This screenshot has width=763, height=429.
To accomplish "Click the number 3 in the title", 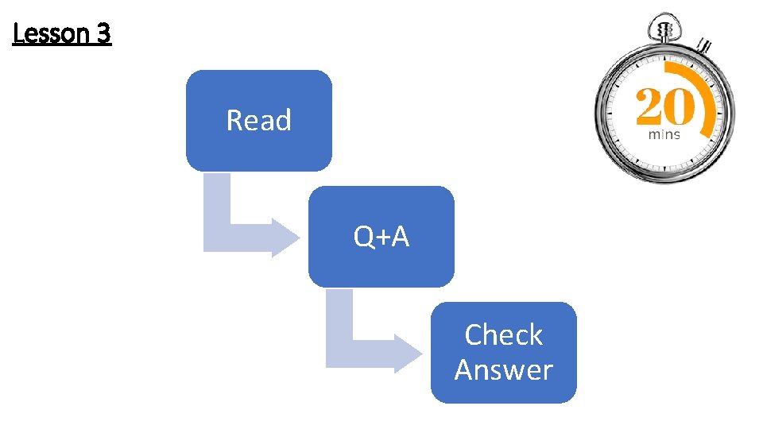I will click(x=103, y=35).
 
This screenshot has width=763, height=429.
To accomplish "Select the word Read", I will click(x=258, y=121).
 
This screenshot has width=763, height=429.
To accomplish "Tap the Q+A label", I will click(x=381, y=237).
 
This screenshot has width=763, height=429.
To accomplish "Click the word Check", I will click(x=503, y=335).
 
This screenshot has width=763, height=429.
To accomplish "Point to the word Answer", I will click(x=503, y=370).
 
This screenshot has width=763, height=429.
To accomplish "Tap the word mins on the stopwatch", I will click(x=664, y=135).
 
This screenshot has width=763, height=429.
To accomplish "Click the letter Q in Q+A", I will click(x=363, y=237).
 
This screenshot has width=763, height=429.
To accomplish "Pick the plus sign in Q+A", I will click(x=381, y=238).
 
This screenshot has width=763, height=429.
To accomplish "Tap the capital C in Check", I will click(x=474, y=335).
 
